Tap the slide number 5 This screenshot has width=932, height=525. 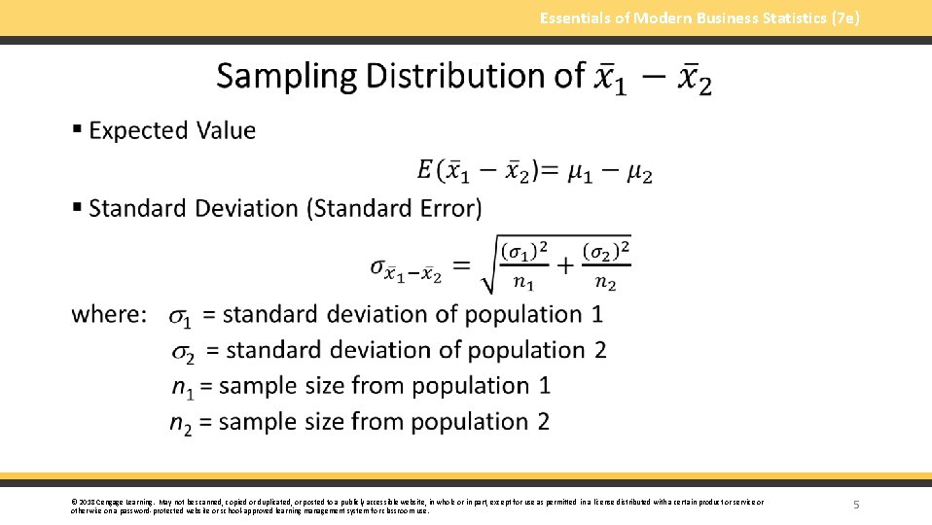point(856,505)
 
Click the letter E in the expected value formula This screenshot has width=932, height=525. point(424,171)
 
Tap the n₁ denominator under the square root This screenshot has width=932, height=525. point(523,284)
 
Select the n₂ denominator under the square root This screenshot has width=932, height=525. point(605,284)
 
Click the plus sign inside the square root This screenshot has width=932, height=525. point(564,266)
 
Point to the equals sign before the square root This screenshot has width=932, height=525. point(462,265)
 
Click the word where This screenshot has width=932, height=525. point(110,315)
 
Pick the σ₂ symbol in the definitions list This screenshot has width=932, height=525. point(183,352)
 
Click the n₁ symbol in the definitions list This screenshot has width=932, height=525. point(182,388)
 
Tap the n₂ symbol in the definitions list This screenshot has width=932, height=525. point(180,424)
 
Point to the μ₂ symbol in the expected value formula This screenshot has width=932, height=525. point(639,173)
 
